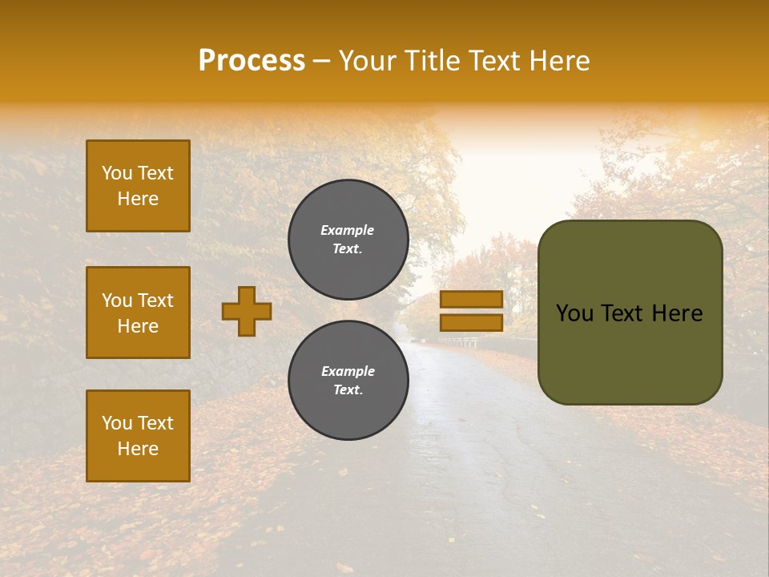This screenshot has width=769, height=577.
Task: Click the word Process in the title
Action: (x=252, y=61)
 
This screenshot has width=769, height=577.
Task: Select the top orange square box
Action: (x=138, y=186)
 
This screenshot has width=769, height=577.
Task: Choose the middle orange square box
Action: (x=138, y=313)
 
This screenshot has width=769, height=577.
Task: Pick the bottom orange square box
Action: (x=138, y=436)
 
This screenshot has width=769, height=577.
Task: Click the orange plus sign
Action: (x=247, y=311)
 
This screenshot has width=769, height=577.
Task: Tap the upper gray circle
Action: (x=348, y=240)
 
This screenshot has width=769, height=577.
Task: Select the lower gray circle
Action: (x=348, y=381)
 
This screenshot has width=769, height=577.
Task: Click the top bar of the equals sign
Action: (x=471, y=299)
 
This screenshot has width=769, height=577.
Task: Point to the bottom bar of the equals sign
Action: (x=471, y=322)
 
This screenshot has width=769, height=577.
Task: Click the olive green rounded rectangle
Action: (x=630, y=313)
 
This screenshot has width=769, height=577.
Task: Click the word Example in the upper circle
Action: (x=348, y=230)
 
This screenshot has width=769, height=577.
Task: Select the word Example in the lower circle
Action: (x=348, y=371)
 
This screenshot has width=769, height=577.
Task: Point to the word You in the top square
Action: (x=116, y=173)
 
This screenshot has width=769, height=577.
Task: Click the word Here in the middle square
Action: (x=138, y=326)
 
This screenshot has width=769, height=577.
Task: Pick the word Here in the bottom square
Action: (x=138, y=449)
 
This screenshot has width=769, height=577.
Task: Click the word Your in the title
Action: (x=368, y=61)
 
